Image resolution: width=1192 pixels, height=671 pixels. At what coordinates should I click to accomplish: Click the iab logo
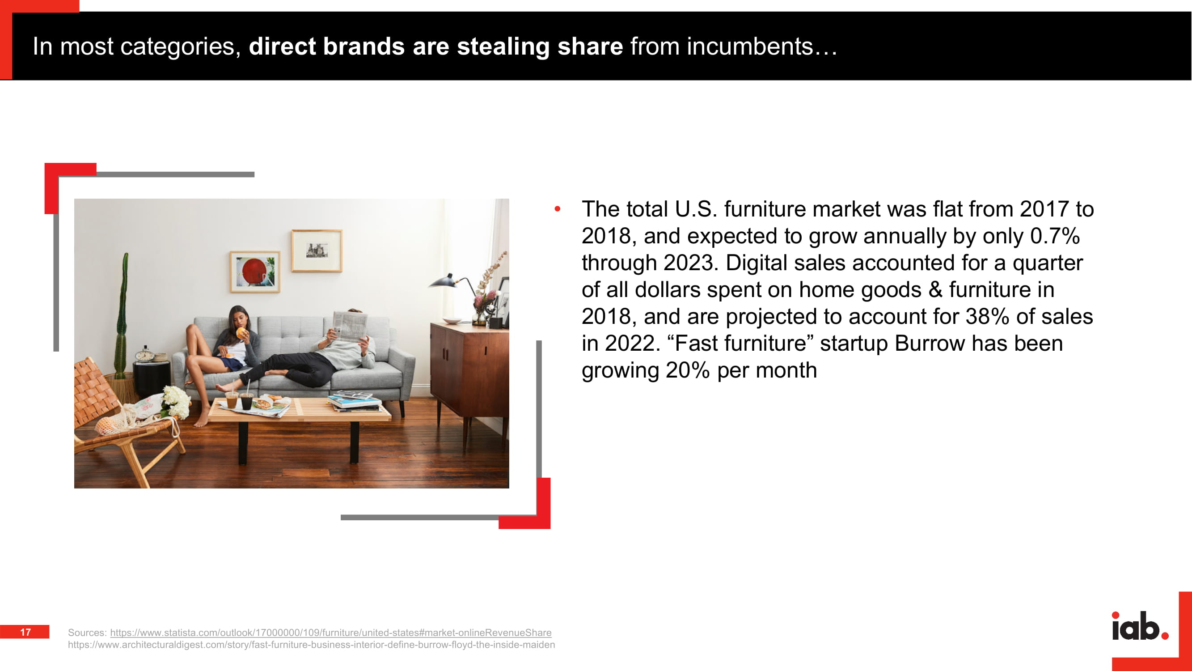[x=1140, y=626]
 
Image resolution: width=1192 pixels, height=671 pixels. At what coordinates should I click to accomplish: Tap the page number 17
[x=25, y=632]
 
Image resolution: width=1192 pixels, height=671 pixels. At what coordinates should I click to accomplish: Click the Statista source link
[x=330, y=633]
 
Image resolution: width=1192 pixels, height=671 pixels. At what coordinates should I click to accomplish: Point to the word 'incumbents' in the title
[x=750, y=47]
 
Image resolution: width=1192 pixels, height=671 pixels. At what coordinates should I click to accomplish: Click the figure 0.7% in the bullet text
[x=1055, y=236]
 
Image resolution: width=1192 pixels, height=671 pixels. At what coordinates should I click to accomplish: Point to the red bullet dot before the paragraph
[x=558, y=209]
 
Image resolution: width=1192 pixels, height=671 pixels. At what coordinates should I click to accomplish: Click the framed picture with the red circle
[x=255, y=272]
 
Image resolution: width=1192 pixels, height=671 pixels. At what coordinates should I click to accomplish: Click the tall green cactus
[x=122, y=315]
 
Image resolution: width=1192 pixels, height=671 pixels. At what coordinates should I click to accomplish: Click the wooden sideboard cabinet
[x=469, y=370]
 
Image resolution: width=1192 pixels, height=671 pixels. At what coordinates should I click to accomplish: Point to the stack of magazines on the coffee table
[x=354, y=401]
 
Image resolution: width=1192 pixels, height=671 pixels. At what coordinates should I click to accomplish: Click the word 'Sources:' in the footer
[x=87, y=633]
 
